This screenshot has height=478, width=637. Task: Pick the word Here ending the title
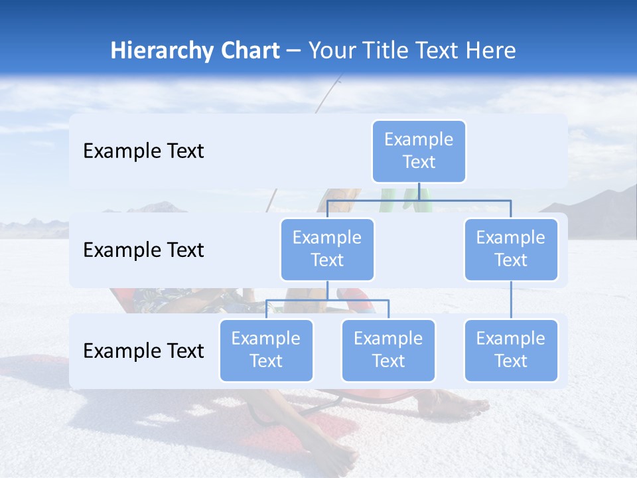[x=490, y=51]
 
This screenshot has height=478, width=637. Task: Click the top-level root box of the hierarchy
[x=419, y=151]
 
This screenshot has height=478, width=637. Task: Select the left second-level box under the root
[x=327, y=250]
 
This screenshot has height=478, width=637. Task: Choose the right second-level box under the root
[x=511, y=250]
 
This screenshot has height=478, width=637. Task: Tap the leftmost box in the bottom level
[x=266, y=351]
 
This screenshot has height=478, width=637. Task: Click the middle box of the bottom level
[x=388, y=351]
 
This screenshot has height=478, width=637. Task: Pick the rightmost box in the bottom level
[x=511, y=351]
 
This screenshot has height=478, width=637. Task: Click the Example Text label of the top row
[x=143, y=151]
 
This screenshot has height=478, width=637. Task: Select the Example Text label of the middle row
[x=143, y=250]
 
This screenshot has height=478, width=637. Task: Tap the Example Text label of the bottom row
[x=143, y=351]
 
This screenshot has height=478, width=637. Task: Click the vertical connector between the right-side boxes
[x=511, y=300]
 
